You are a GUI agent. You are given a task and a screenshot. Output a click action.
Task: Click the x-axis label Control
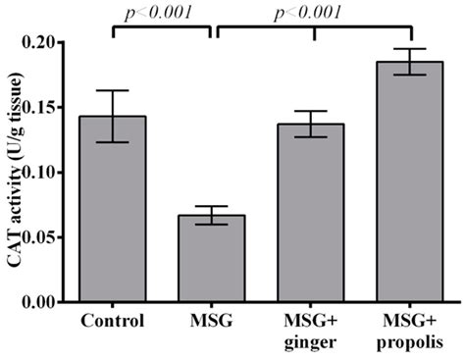coord(113,321)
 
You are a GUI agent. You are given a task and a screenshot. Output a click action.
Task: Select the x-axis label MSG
coord(213,321)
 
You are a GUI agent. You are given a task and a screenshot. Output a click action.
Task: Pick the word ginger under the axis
coord(313,341)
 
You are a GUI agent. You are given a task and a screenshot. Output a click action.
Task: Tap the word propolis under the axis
coord(411,341)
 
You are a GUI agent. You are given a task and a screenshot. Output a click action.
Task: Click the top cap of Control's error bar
coord(113,91)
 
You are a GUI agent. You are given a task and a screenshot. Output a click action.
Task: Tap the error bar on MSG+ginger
coord(313,125)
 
